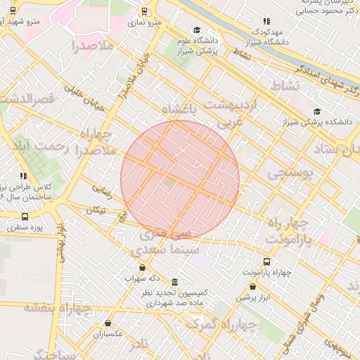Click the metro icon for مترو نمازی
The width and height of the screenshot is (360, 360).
[x=145, y=11]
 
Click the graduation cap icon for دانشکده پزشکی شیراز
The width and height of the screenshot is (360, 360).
[x=317, y=111]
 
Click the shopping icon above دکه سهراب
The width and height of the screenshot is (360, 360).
[x=143, y=267]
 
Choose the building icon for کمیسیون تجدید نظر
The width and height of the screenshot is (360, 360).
[x=174, y=282]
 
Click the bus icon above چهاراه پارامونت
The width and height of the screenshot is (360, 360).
[x=266, y=261]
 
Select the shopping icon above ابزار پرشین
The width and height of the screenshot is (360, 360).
[x=253, y=286]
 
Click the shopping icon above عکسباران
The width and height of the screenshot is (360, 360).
[x=107, y=323]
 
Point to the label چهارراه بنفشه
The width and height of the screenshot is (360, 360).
[x=56, y=308]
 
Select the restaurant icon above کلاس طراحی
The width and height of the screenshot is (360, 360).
[x=23, y=176]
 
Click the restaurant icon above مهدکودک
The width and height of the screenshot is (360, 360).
[x=266, y=22]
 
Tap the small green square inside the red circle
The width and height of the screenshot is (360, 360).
[x=169, y=183]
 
